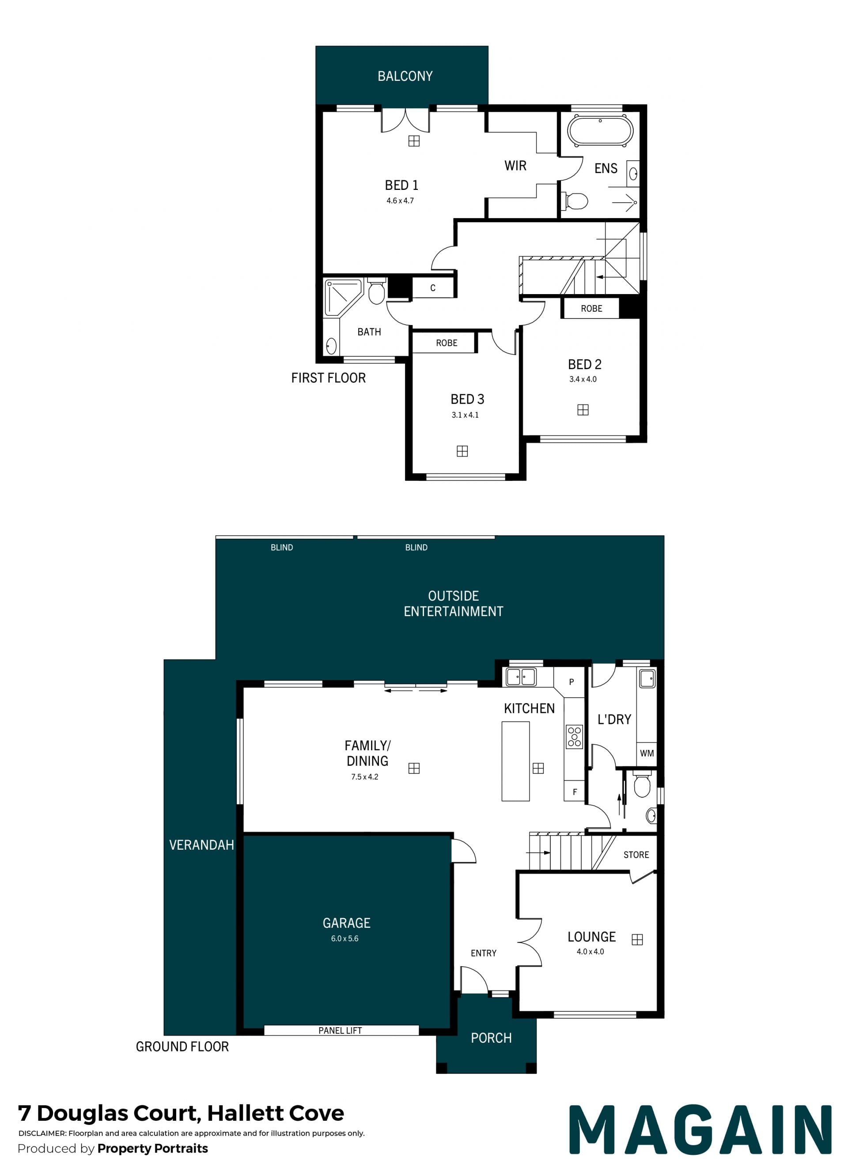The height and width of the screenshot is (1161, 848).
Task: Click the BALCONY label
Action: click(x=405, y=76)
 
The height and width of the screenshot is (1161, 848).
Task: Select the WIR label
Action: click(x=515, y=165)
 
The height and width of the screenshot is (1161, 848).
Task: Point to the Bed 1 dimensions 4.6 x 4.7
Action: click(x=400, y=200)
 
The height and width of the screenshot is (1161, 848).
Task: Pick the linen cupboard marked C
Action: click(x=433, y=287)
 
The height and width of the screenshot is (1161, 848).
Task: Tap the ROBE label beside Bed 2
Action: click(x=591, y=309)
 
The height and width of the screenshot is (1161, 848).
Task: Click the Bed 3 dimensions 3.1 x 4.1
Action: click(x=465, y=415)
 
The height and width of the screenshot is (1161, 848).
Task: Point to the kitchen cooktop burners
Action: click(x=575, y=737)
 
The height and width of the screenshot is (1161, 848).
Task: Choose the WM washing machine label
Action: click(x=647, y=753)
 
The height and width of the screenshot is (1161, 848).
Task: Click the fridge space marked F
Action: click(x=575, y=792)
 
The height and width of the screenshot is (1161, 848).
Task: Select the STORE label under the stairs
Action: click(x=636, y=855)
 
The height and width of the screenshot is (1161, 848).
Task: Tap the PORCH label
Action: click(x=491, y=1038)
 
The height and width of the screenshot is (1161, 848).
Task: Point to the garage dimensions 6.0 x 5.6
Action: click(x=344, y=938)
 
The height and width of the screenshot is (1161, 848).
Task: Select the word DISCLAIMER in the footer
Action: click(x=42, y=1133)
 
